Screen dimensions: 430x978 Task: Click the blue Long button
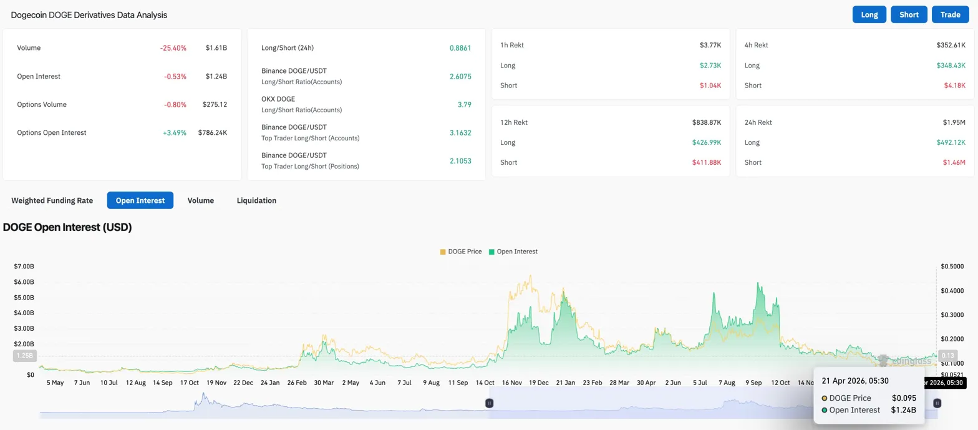pos(869,14)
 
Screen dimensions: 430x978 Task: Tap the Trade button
pos(950,14)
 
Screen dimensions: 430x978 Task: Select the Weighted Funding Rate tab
pos(52,200)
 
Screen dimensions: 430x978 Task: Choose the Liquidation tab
pos(256,200)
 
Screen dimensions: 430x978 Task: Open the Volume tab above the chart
pos(201,200)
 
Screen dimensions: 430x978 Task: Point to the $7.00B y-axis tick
pos(24,266)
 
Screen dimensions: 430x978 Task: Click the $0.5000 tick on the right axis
pos(952,266)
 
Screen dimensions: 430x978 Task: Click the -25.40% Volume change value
pos(175,47)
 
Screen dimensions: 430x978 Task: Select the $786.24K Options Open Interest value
pos(213,132)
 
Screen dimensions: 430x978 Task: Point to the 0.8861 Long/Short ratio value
pos(460,47)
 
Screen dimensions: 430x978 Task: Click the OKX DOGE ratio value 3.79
pos(464,104)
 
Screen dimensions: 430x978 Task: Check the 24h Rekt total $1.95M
pos(954,122)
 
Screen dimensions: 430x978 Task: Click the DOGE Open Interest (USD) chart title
pos(67,227)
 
